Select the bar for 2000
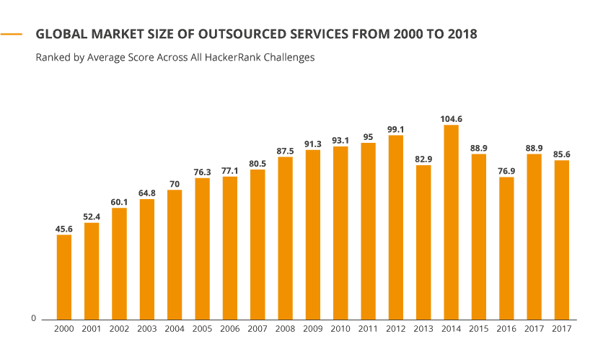click(63, 277)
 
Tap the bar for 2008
click(285, 238)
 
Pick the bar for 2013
click(423, 242)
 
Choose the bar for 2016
click(506, 248)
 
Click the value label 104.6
click(451, 119)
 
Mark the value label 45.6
click(63, 229)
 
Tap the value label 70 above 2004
click(175, 184)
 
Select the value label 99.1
click(395, 129)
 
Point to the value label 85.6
click(562, 154)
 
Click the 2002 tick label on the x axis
click(119, 329)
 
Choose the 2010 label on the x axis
click(340, 329)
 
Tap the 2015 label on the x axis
click(479, 329)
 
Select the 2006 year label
click(229, 329)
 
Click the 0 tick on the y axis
click(33, 318)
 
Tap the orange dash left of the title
click(12, 34)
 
